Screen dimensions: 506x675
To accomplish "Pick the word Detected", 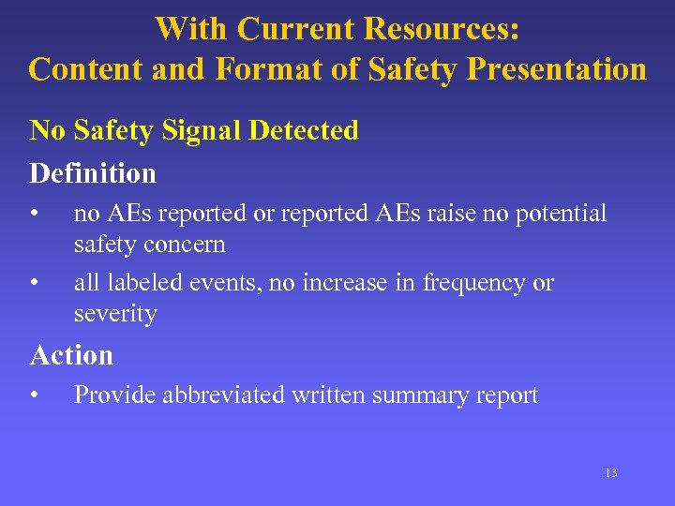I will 303,130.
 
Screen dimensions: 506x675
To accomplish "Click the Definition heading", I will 93,173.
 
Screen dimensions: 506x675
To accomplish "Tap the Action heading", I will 71,355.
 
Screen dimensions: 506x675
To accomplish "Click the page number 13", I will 610,473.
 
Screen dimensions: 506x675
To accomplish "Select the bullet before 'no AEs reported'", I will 34,214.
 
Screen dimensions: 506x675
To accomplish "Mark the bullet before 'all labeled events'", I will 34,283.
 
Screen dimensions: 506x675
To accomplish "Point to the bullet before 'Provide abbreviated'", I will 34,395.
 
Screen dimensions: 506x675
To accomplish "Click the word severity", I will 115,314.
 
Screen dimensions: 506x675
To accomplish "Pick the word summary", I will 414,395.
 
